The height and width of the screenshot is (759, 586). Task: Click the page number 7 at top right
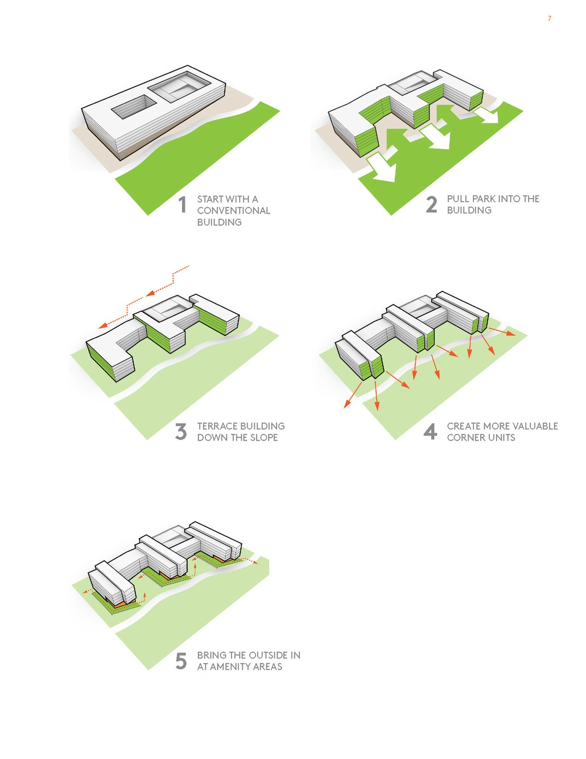[x=550, y=19]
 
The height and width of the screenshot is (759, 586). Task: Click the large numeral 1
[x=183, y=204]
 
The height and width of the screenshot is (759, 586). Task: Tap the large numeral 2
[x=432, y=204]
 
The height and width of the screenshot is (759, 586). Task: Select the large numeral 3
[x=181, y=432]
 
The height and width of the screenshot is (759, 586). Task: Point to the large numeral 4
[x=431, y=432]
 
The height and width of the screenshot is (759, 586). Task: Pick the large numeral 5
[x=181, y=661]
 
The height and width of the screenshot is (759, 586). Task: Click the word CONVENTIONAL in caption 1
[x=233, y=211]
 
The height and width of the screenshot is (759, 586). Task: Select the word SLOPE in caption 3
[x=264, y=437]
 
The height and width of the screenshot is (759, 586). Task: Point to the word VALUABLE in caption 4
[x=535, y=426]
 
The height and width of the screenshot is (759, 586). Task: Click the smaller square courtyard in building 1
[x=134, y=106]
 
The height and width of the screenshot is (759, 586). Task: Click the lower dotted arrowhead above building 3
[x=103, y=326]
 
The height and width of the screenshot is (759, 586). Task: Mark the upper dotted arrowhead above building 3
[x=151, y=294]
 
